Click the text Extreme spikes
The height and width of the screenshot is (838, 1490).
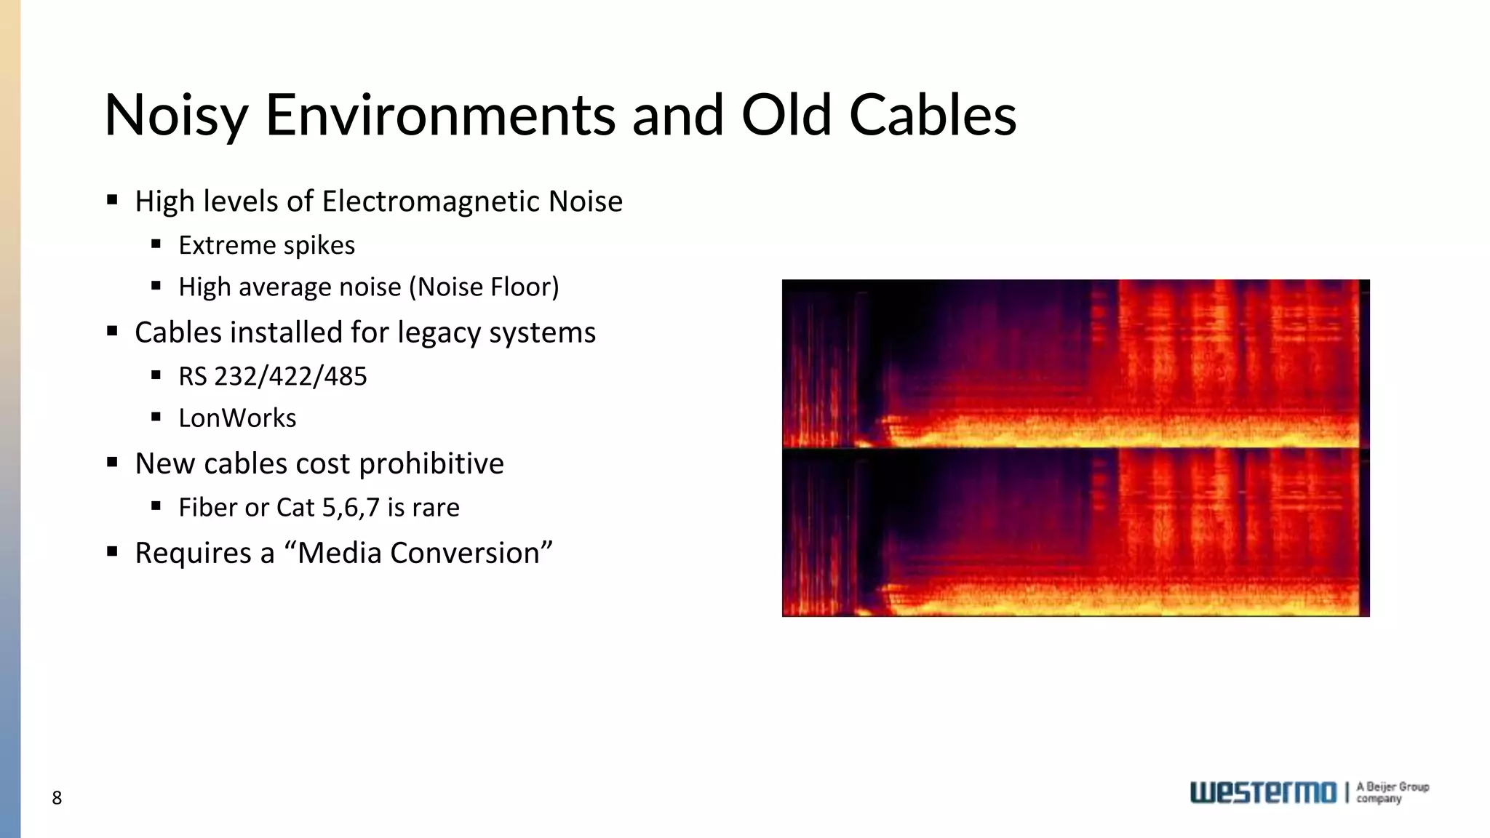266,245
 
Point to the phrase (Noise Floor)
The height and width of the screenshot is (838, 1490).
484,287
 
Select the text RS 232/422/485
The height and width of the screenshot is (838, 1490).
273,376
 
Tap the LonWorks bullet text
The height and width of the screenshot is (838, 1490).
237,418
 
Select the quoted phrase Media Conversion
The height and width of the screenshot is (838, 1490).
418,553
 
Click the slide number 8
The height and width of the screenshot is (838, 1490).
57,798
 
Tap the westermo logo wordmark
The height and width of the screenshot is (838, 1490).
1263,792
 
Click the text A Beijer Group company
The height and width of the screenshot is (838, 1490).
1392,792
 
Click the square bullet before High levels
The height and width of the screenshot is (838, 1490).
112,200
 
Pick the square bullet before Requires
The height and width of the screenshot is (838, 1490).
112,551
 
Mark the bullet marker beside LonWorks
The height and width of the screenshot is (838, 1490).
156,418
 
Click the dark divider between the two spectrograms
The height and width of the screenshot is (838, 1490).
1075,448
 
